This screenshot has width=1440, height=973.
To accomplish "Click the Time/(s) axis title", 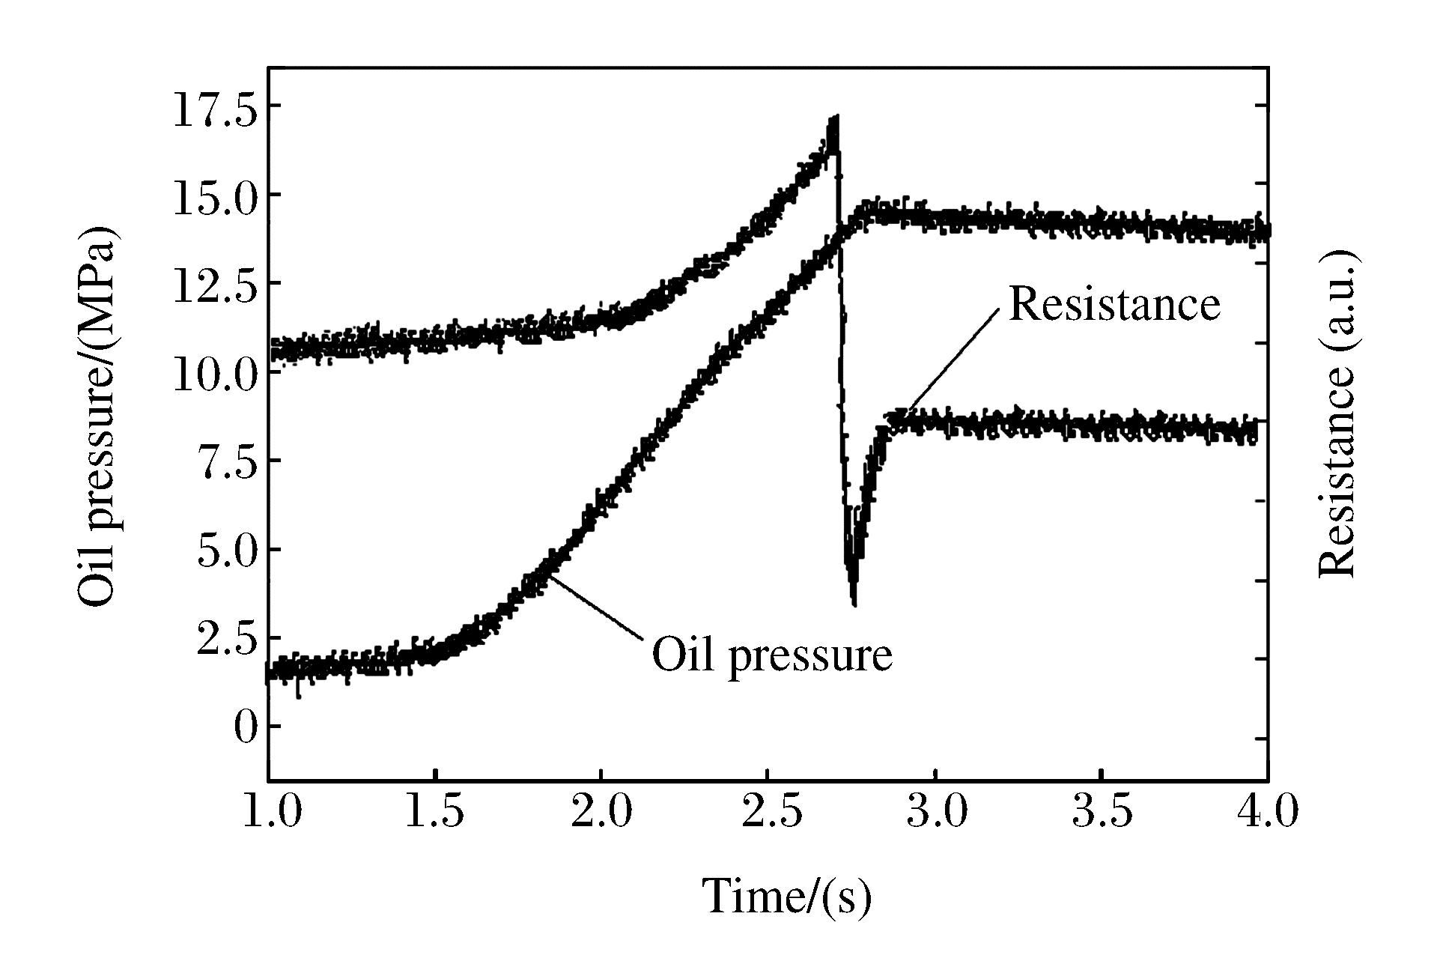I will (787, 897).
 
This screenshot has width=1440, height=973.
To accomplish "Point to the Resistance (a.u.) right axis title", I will (1337, 413).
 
